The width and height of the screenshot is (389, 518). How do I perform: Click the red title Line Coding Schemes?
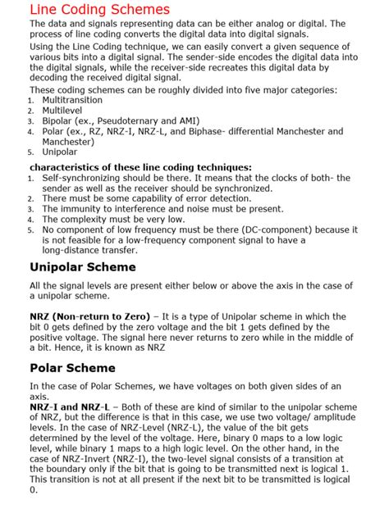click(99, 10)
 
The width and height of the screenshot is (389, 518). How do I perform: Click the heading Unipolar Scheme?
click(82, 267)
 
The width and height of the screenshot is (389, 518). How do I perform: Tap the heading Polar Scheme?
click(72, 368)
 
